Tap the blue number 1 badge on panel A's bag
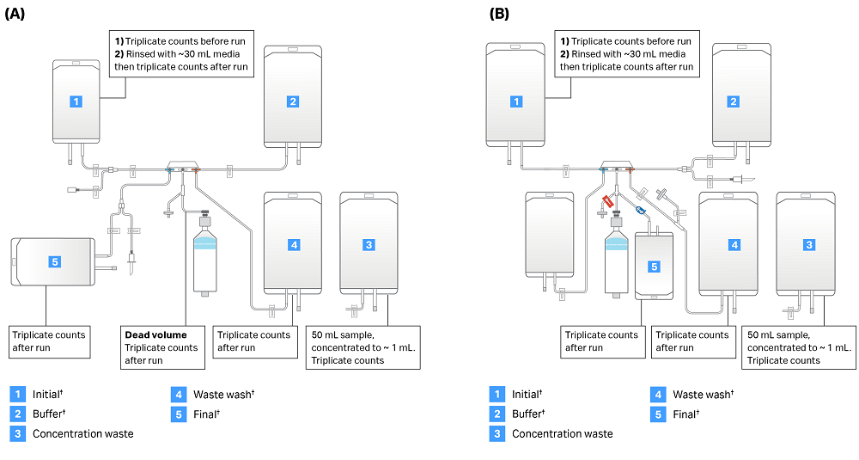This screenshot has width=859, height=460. coord(76,101)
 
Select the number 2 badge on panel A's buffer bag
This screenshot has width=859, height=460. coord(293,101)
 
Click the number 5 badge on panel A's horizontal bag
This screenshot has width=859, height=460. coord(54,261)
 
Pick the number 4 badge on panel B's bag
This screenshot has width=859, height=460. coord(734,245)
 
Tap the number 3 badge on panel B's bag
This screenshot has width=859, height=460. coord(808,245)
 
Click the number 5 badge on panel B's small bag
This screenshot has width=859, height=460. coord(654,267)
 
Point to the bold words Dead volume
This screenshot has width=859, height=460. coord(155,334)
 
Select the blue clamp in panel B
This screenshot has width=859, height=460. coord(640,209)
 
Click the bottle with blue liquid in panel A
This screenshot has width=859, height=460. coord(204,255)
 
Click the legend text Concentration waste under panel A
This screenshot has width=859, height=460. coord(82,433)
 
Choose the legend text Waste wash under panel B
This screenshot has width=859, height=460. coord(703,394)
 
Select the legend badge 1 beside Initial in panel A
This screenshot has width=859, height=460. coord(17,394)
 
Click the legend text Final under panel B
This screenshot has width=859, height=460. coord(685,414)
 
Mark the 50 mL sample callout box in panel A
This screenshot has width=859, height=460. coord(362,347)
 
